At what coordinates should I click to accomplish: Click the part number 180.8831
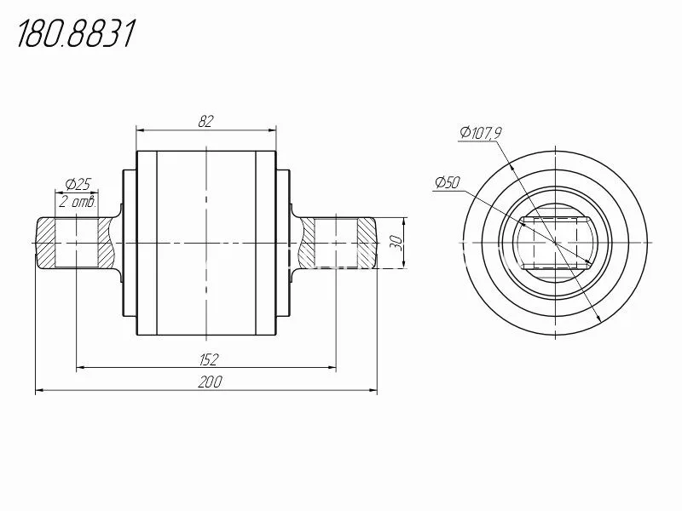coord(76,33)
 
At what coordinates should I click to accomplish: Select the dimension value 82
coord(205,121)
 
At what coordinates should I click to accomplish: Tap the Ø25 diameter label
coord(78,184)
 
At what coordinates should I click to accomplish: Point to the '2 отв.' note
coord(77,202)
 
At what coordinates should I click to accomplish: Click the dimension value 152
coord(209,359)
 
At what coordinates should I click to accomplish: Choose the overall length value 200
coord(210,382)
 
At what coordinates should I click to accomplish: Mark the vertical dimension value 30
coord(396,243)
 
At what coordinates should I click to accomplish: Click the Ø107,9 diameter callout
coord(481,133)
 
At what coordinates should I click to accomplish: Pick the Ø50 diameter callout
coord(448,182)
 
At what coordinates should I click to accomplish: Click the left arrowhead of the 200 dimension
coord(39,391)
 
